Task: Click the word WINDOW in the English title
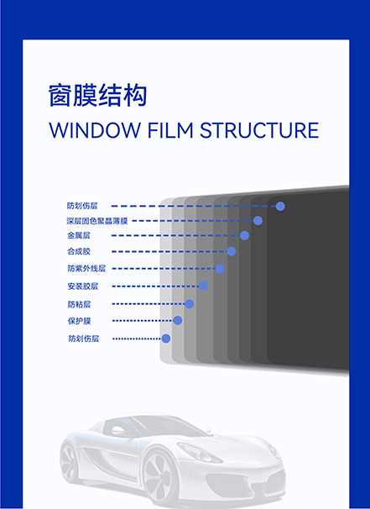point(94,130)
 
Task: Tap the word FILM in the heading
point(170,130)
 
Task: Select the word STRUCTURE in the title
point(259,130)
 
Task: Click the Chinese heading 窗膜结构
point(97,95)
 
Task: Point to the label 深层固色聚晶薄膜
point(97,221)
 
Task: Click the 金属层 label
point(79,235)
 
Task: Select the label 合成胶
point(79,251)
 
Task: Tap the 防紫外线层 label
point(86,269)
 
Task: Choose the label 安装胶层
point(83,286)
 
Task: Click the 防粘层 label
point(79,304)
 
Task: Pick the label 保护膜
point(79,321)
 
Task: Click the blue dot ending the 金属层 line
point(244,235)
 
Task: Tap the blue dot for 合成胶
point(232,251)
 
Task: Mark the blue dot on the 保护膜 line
point(177,320)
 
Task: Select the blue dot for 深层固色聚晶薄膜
point(258,221)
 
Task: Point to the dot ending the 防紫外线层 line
point(220,269)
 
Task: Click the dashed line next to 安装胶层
point(156,286)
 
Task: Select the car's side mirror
point(117,431)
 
